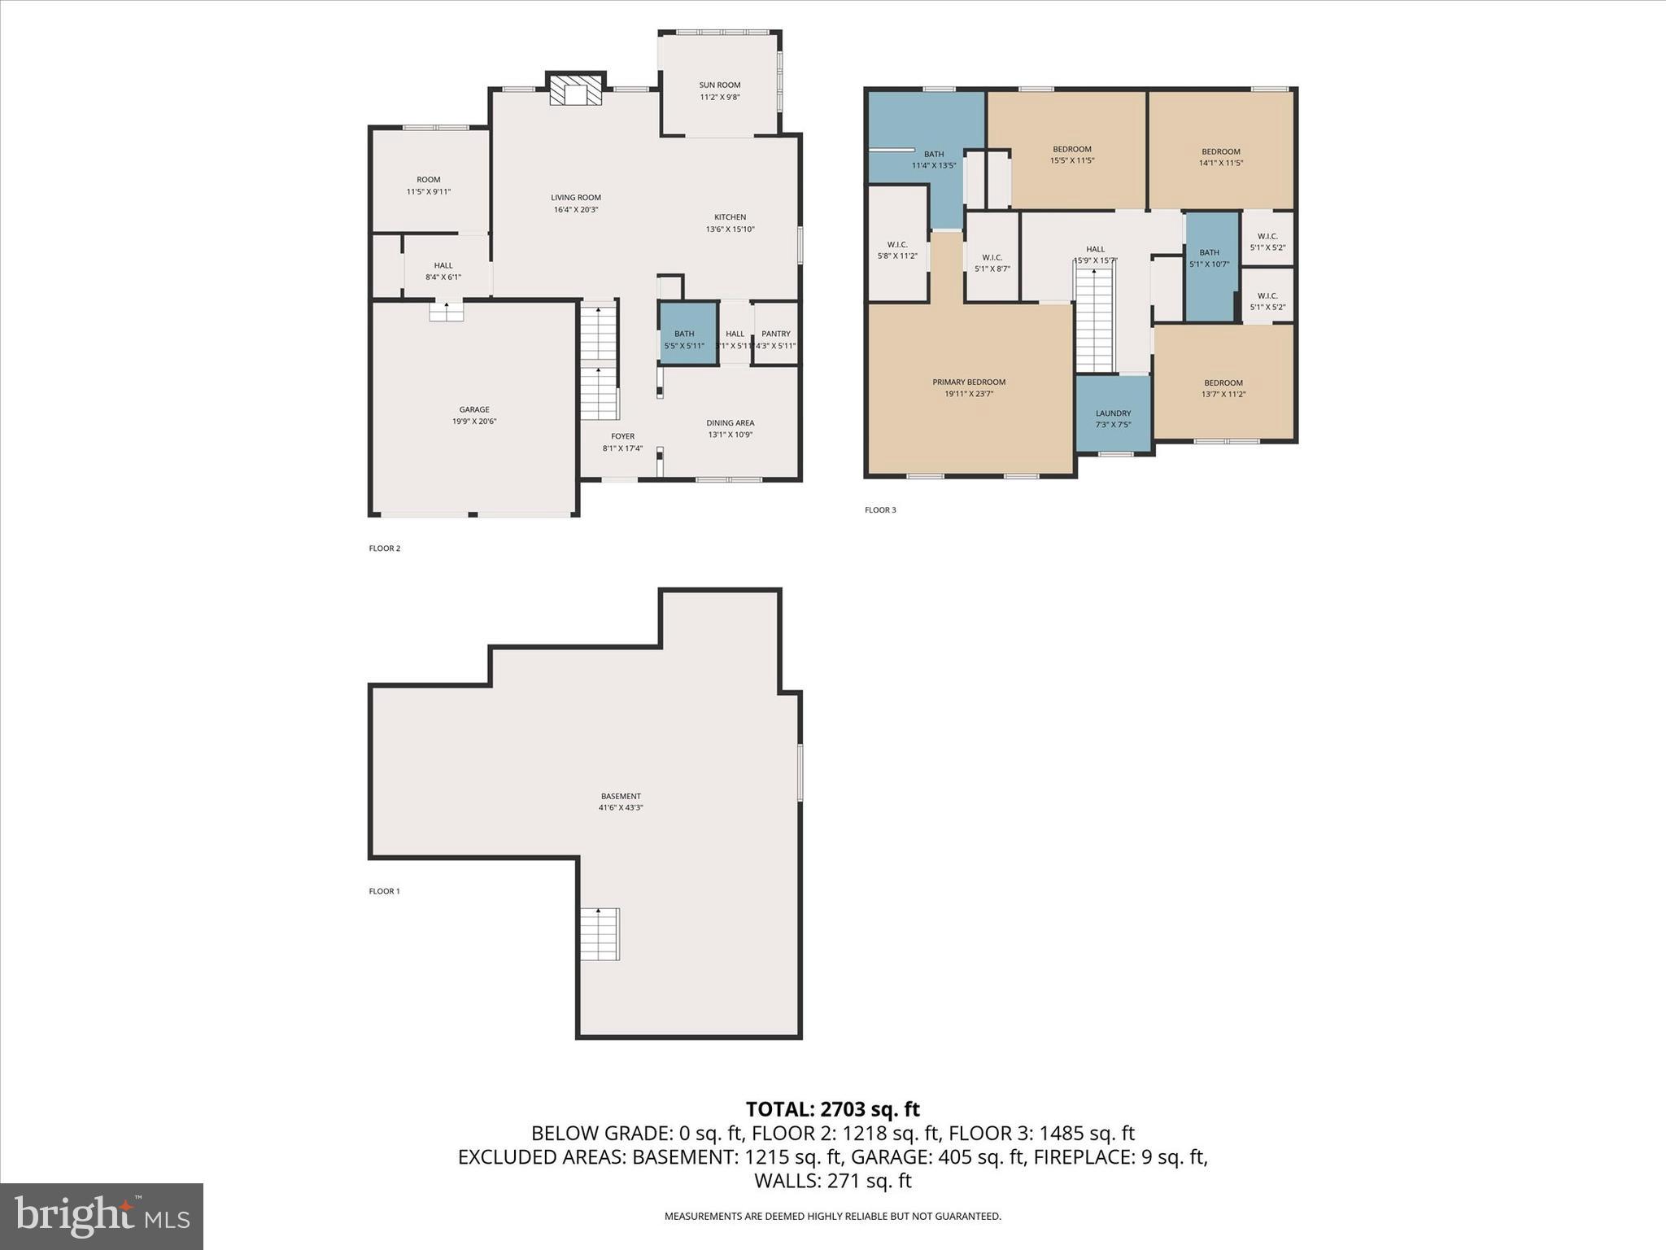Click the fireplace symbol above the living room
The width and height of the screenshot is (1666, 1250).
click(x=575, y=90)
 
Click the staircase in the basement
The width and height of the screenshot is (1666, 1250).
click(x=600, y=933)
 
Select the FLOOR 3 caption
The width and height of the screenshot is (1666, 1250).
click(x=880, y=510)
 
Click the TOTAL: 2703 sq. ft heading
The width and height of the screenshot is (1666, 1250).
click(x=832, y=1108)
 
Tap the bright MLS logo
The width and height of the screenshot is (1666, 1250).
click(x=102, y=1217)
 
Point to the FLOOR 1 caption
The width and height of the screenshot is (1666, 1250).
click(x=384, y=891)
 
